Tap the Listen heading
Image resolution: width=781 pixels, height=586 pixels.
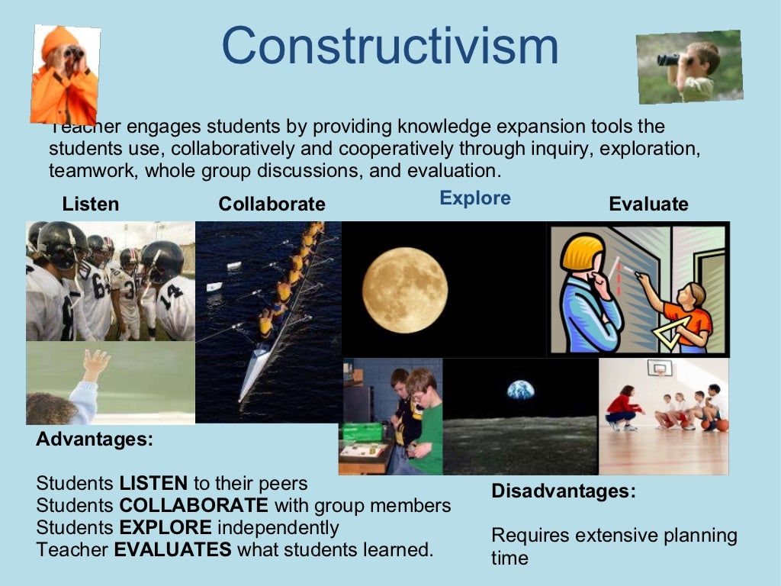click(91, 204)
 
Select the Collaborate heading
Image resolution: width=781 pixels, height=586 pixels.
click(272, 204)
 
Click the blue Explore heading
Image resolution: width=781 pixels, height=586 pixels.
click(475, 198)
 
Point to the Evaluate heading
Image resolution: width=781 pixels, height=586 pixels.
click(648, 204)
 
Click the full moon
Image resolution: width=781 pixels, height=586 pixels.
click(404, 289)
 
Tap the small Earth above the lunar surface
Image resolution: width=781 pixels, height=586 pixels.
click(520, 391)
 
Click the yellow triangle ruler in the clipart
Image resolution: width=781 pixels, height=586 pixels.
click(671, 332)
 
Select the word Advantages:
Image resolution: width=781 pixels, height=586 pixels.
click(95, 439)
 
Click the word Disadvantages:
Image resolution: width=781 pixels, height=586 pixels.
click(563, 491)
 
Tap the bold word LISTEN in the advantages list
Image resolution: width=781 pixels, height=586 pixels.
click(153, 484)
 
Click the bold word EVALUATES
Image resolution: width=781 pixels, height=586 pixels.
click(172, 549)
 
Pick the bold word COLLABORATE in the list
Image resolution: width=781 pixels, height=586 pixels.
click(194, 505)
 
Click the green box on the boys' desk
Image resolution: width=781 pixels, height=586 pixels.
click(362, 432)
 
